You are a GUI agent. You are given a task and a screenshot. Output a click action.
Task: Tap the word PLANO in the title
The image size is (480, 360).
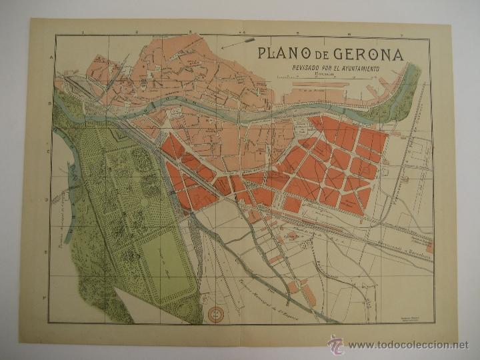pos(281,54)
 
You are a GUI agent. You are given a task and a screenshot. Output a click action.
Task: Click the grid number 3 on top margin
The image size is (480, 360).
pos(189,31)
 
